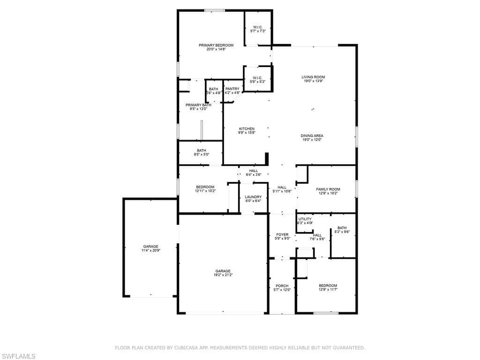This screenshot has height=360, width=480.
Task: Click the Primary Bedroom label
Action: tap(216, 45)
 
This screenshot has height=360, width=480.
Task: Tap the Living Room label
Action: tap(313, 77)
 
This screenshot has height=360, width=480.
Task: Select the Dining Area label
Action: tap(312, 136)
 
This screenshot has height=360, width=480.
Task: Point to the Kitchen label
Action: tap(247, 129)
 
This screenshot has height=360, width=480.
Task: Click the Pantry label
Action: tap(232, 89)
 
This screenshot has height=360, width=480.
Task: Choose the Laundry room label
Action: tap(253, 197)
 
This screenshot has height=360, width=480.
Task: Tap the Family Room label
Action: tap(328, 189)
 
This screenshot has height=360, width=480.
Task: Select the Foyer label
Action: tap(282, 235)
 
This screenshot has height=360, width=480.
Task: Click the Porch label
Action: tap(282, 286)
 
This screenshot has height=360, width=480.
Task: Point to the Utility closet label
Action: tap(305, 219)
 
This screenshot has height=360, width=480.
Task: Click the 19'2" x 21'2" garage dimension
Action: tap(223, 275)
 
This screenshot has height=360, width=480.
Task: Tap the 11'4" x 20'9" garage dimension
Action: tap(151, 251)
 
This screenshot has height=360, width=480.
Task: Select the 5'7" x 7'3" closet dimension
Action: tap(258, 31)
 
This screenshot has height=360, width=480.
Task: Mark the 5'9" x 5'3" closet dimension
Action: tap(257, 82)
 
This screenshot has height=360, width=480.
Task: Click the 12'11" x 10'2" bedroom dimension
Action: tap(205, 191)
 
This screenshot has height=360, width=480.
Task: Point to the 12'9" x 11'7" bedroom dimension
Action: tap(328, 290)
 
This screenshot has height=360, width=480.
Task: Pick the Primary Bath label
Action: tap(198, 105)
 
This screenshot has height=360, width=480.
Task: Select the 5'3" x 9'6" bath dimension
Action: tap(342, 232)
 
